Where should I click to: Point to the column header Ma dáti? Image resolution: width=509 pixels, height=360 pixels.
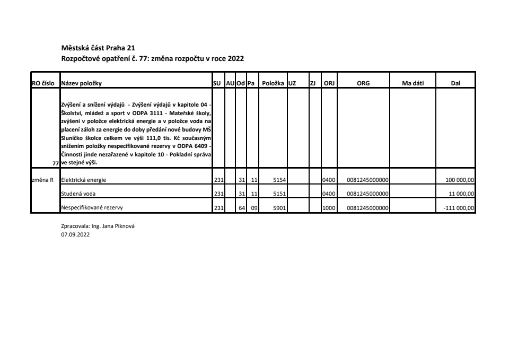tap(414, 83)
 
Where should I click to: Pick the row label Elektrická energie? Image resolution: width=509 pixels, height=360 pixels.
tap(84, 180)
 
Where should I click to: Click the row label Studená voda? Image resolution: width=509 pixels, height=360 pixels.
tap(78, 194)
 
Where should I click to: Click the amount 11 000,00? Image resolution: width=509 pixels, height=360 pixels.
tap(462, 194)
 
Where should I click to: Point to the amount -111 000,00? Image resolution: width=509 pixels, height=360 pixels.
tap(459, 208)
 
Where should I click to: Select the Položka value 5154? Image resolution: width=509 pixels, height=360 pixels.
tap(279, 180)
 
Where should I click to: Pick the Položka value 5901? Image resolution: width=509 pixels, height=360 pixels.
tap(279, 208)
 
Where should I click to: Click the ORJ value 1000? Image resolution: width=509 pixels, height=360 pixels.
tap(329, 208)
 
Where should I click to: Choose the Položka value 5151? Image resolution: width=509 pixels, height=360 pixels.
tap(279, 194)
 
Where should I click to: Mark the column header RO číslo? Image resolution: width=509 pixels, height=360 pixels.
tap(45, 83)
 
